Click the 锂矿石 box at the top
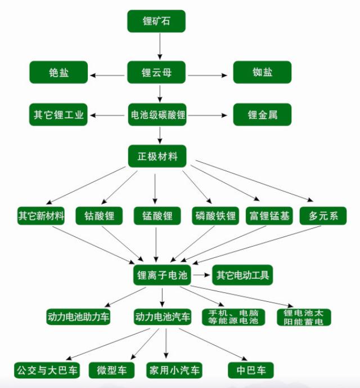(x=156, y=21)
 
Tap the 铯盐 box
(x=58, y=73)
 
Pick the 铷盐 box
(x=262, y=73)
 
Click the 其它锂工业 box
(x=58, y=115)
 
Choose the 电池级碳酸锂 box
(x=157, y=115)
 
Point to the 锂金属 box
(x=262, y=115)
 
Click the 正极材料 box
(x=157, y=156)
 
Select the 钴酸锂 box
(x=100, y=216)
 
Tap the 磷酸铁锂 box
(x=216, y=216)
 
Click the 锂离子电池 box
(x=161, y=275)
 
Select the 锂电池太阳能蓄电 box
(x=304, y=316)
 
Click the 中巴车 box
(x=251, y=370)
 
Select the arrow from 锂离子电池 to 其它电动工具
(x=201, y=275)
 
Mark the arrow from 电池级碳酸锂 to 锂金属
(x=209, y=115)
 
